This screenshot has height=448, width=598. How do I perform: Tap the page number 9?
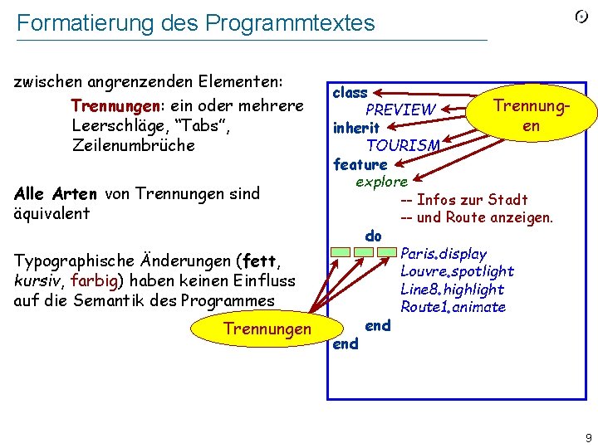588,437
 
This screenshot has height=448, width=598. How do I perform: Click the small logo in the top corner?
582,18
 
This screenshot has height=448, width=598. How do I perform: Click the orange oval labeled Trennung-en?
532,116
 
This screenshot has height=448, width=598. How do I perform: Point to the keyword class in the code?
350,93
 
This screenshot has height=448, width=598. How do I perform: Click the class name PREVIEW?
400,110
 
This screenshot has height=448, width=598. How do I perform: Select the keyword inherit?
356,128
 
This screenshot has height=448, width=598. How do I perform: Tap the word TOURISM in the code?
403,146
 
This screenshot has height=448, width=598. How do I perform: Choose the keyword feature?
360,164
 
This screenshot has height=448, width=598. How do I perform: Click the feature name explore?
381,182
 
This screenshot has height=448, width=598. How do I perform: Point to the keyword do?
373,236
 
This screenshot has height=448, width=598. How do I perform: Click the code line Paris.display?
444,254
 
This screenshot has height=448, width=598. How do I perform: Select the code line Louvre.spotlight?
457,271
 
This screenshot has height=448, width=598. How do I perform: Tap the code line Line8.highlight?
452,290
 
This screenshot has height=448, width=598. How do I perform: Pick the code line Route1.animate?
453,307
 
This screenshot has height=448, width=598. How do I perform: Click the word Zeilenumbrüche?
134,145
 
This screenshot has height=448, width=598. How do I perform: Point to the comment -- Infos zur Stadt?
463,200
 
